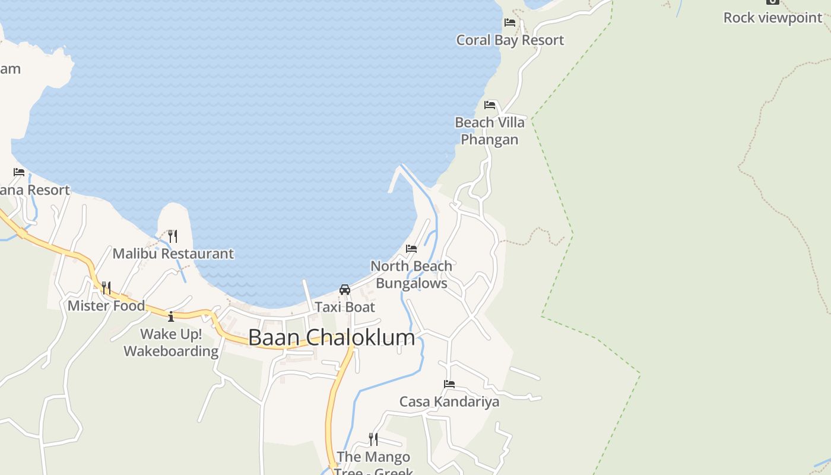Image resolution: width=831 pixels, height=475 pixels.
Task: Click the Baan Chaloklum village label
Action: tap(331, 337)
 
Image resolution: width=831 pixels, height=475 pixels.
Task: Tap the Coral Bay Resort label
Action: tap(510, 40)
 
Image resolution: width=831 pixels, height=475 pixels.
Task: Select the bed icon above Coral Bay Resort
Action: tap(510, 23)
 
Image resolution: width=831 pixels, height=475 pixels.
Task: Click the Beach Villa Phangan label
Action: tap(490, 131)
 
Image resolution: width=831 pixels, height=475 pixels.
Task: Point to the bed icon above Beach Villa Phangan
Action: tap(490, 105)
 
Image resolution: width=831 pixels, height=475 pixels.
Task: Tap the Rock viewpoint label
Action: tap(772, 17)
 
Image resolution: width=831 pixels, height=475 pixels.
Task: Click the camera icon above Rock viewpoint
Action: tap(772, 2)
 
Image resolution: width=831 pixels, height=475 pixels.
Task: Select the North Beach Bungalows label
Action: tap(411, 274)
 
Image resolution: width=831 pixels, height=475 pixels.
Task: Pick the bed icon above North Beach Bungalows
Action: tap(411, 249)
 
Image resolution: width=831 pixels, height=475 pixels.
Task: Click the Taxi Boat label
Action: tap(345, 307)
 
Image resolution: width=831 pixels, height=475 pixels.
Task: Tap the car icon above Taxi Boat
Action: tap(345, 290)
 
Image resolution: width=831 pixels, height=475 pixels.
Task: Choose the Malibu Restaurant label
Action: tap(173, 254)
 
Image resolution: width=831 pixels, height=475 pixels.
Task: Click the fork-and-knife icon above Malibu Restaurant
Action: tap(172, 236)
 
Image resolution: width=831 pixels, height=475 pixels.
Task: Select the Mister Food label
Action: tap(106, 306)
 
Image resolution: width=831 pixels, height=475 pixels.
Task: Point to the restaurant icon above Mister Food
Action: tap(106, 288)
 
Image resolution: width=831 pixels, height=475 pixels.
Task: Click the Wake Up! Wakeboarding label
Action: tap(171, 343)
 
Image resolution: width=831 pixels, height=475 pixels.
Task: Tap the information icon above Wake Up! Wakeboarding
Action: tap(171, 316)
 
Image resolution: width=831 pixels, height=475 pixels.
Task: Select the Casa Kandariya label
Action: tap(449, 401)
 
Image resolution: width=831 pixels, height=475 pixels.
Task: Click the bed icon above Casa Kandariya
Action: tap(449, 384)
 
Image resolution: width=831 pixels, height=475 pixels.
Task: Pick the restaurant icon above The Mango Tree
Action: tap(373, 439)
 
